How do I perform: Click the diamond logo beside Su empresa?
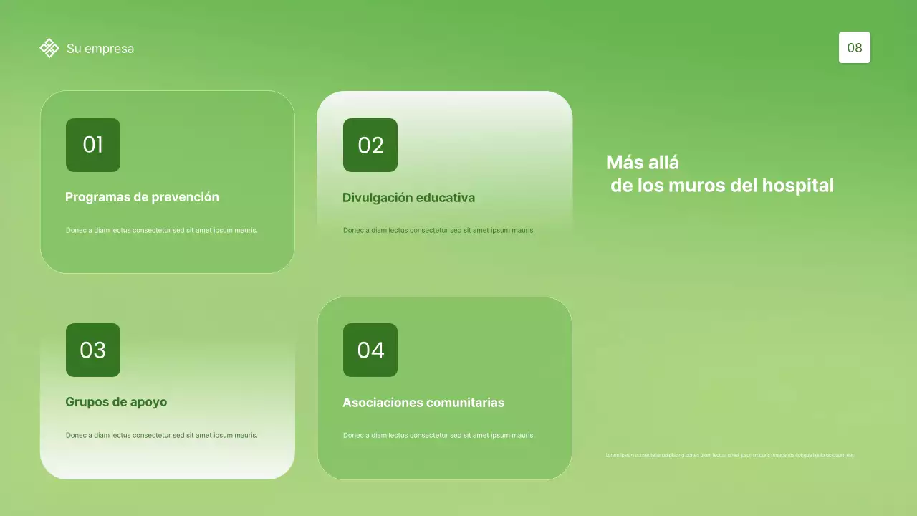tap(49, 48)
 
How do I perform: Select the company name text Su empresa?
tap(100, 49)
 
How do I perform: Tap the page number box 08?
tap(854, 48)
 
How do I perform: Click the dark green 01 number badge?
tap(93, 145)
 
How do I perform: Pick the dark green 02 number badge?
tap(370, 145)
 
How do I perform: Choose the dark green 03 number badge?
tap(93, 350)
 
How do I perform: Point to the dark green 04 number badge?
tap(370, 350)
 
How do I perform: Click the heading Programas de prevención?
tap(142, 197)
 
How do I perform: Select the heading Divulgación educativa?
tap(408, 198)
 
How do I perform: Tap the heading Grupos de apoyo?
tap(116, 402)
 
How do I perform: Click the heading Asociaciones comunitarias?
tap(423, 403)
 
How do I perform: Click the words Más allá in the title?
tap(643, 162)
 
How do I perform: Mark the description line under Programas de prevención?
tap(161, 231)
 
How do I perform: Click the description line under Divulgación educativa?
tap(438, 231)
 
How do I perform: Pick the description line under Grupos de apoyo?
tap(161, 435)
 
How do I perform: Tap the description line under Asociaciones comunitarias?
tap(438, 435)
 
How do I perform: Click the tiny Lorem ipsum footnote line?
tap(730, 455)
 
